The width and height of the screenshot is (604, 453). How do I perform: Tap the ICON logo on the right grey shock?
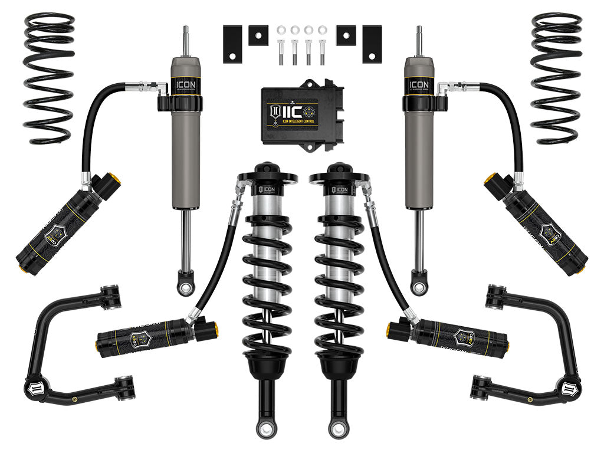click(419, 84)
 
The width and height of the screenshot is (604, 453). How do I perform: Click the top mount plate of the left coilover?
click(267, 175)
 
